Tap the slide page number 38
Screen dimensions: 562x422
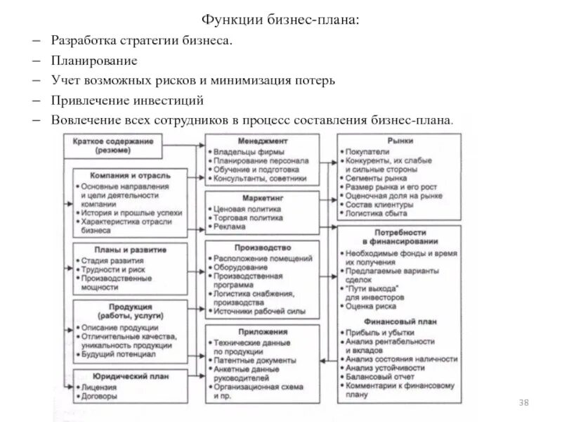pyautogui.click(x=523, y=402)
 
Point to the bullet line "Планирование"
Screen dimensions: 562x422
pyautogui.click(x=93, y=61)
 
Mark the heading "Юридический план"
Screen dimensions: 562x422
pyautogui.click(x=124, y=376)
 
